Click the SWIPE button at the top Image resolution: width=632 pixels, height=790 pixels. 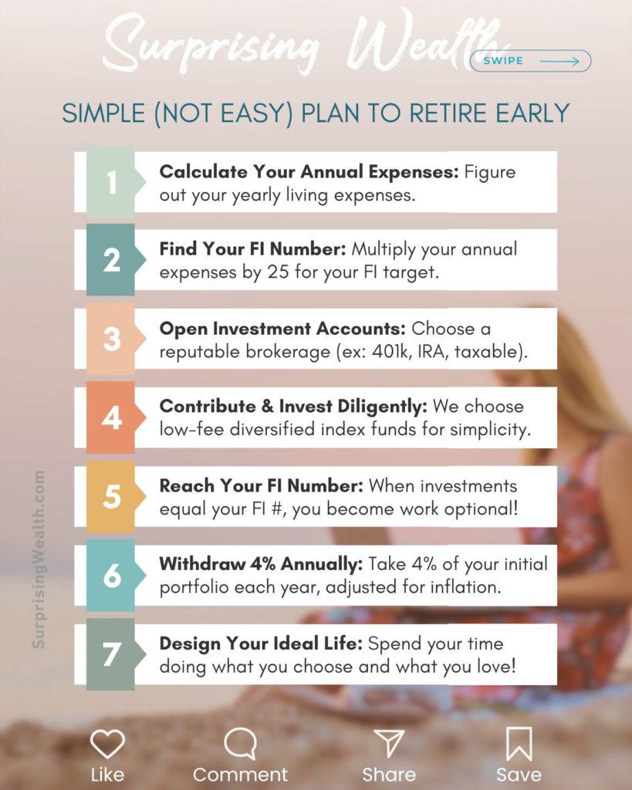click(x=530, y=61)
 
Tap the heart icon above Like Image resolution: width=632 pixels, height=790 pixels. click(x=107, y=744)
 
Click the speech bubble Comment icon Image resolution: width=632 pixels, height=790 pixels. click(x=241, y=744)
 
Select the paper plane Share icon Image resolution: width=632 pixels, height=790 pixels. click(x=389, y=743)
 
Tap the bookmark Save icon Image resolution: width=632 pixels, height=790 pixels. click(x=519, y=744)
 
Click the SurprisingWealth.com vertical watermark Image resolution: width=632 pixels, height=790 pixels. click(x=39, y=559)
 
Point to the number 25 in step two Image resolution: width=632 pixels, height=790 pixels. click(x=279, y=272)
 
